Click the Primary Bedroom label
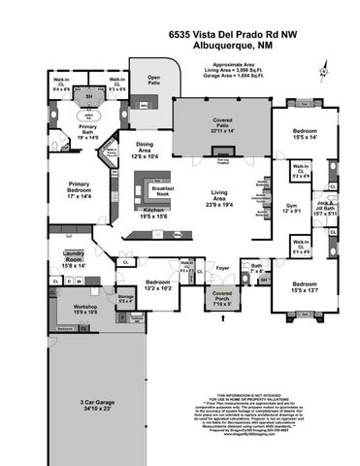(79, 189)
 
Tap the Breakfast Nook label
(153, 189)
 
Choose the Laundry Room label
(75, 259)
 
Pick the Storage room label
(125, 298)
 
